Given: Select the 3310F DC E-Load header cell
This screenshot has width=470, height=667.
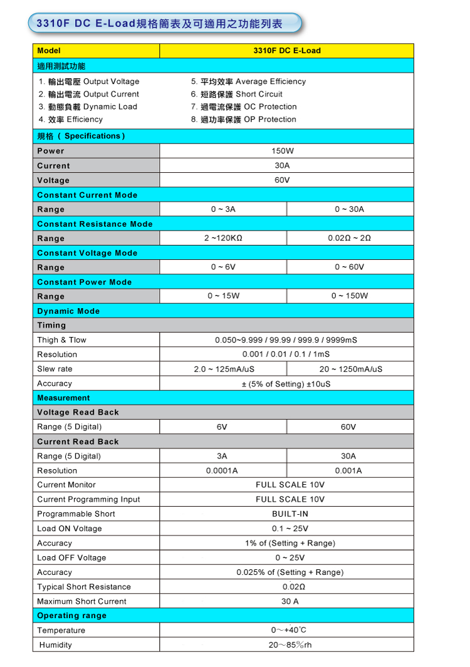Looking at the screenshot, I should tap(287, 51).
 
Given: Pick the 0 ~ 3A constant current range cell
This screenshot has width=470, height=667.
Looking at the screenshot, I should tap(223, 209).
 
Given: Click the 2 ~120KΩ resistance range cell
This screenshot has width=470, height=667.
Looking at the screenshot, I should tap(223, 239).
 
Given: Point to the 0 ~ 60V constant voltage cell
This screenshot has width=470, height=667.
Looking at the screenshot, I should tap(349, 267).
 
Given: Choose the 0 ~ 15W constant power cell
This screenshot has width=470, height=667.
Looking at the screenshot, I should tap(223, 296).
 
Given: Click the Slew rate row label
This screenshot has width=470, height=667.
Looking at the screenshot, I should tap(55, 369).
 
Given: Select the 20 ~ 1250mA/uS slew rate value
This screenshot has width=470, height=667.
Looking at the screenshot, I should tap(350, 369).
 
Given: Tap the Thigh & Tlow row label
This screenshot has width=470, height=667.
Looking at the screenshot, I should tap(61, 340).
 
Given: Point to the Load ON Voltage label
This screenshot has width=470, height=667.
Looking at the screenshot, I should tap(69, 529).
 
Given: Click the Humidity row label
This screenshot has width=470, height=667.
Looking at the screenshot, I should tap(55, 645).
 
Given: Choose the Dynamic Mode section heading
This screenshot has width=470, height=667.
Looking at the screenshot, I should tap(68, 311).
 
